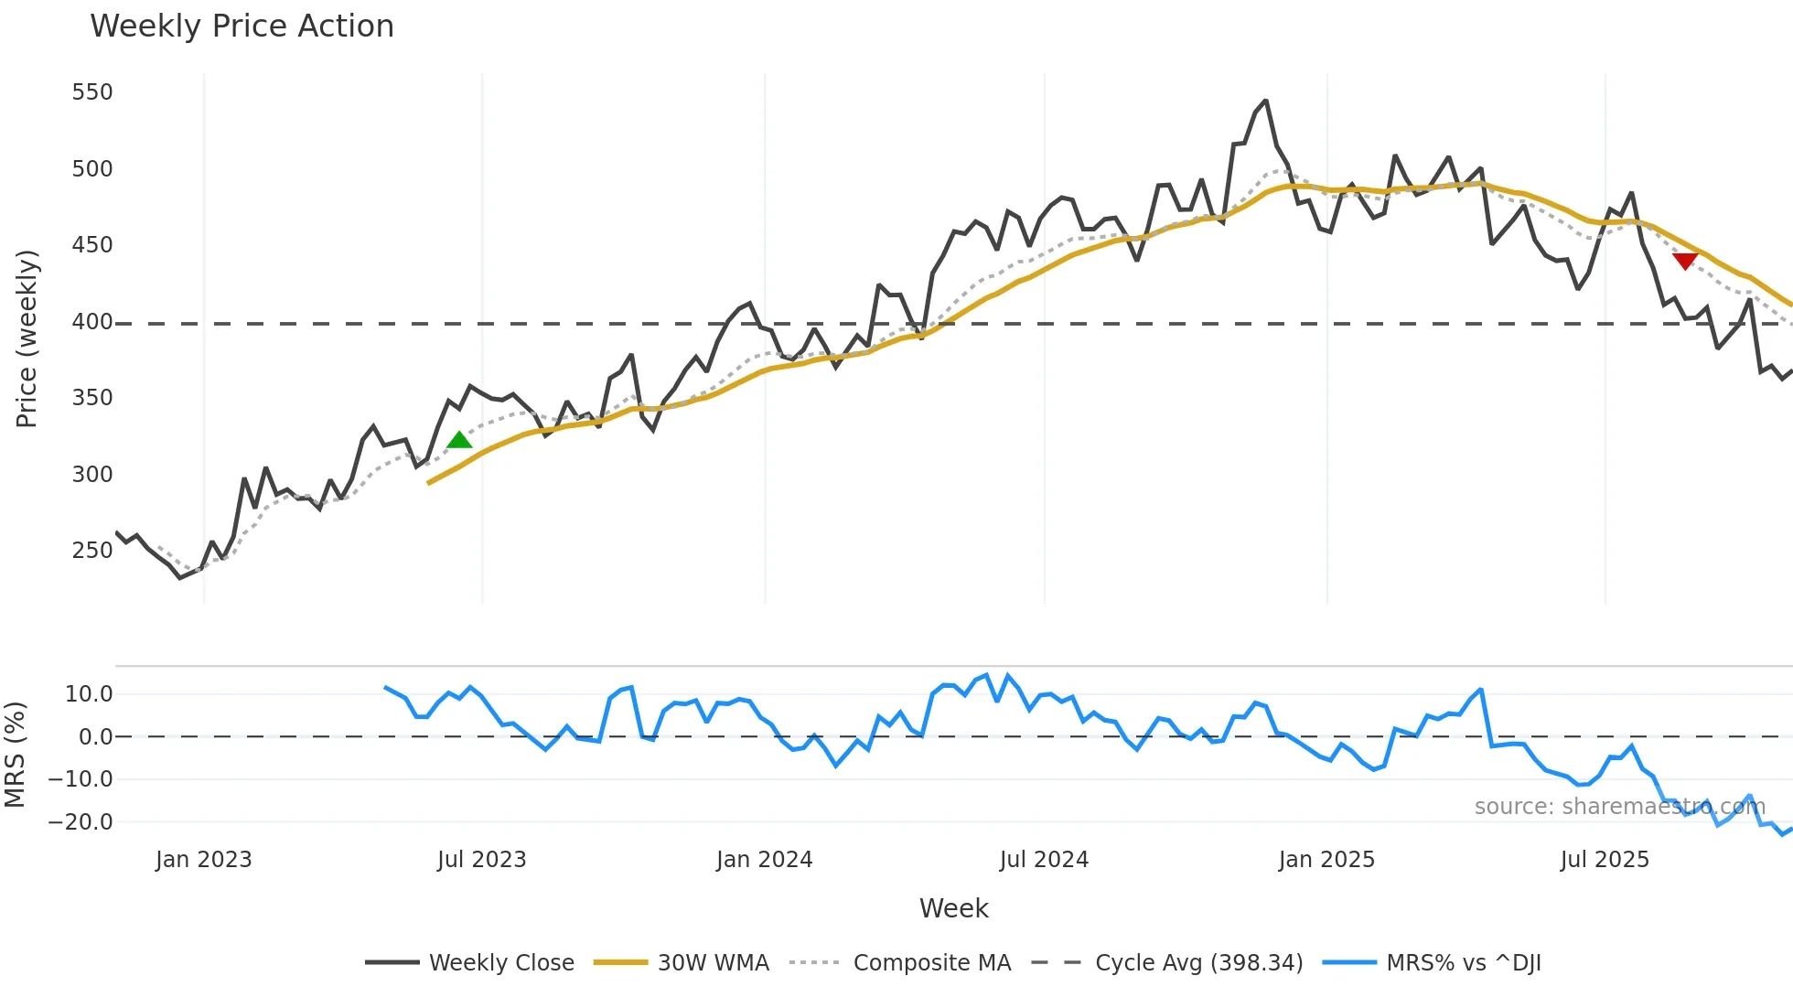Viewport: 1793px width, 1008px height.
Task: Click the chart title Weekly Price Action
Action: point(242,27)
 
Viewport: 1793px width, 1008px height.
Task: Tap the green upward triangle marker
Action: point(459,440)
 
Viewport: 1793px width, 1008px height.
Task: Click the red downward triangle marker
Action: point(1685,262)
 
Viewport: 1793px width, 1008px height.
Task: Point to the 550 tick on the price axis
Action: point(92,92)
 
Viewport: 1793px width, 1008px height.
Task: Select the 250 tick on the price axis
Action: point(92,551)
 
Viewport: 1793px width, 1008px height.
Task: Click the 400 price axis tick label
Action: point(92,322)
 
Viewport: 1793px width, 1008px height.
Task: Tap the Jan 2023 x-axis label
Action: point(203,860)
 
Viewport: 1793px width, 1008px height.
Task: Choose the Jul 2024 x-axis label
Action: point(1044,860)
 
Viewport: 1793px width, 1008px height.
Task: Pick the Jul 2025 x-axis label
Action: point(1605,860)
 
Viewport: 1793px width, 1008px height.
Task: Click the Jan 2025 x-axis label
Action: point(1326,860)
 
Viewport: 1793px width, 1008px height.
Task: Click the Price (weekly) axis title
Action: point(27,338)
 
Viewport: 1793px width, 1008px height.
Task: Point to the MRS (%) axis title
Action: point(15,755)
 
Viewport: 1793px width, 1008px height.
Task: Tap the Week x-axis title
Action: point(953,908)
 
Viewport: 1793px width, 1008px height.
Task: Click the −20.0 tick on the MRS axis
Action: point(81,822)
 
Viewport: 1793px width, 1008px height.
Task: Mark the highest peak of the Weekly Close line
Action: point(1266,101)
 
